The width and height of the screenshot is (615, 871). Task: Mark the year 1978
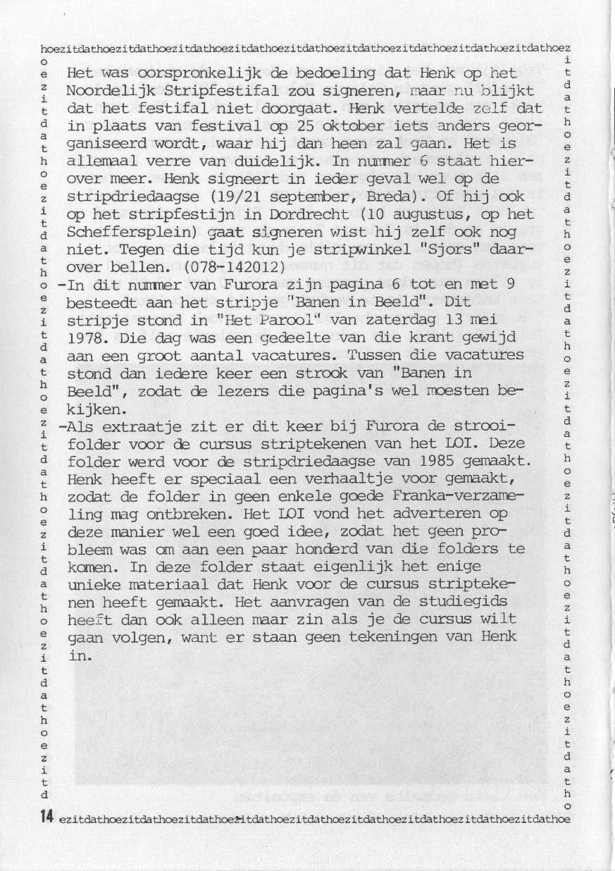(x=85, y=337)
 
